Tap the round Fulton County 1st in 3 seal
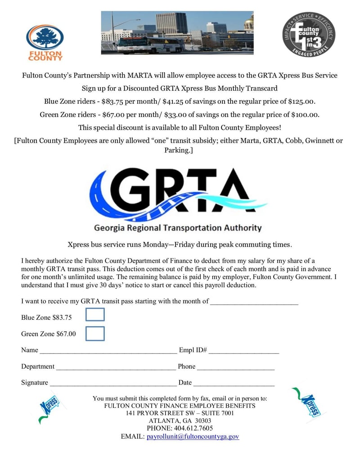(309, 35)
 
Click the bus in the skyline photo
(151, 45)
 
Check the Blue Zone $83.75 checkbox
(95, 314)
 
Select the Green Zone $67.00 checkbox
(95, 334)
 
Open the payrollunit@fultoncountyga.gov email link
(193, 437)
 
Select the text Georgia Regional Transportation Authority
(177, 228)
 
